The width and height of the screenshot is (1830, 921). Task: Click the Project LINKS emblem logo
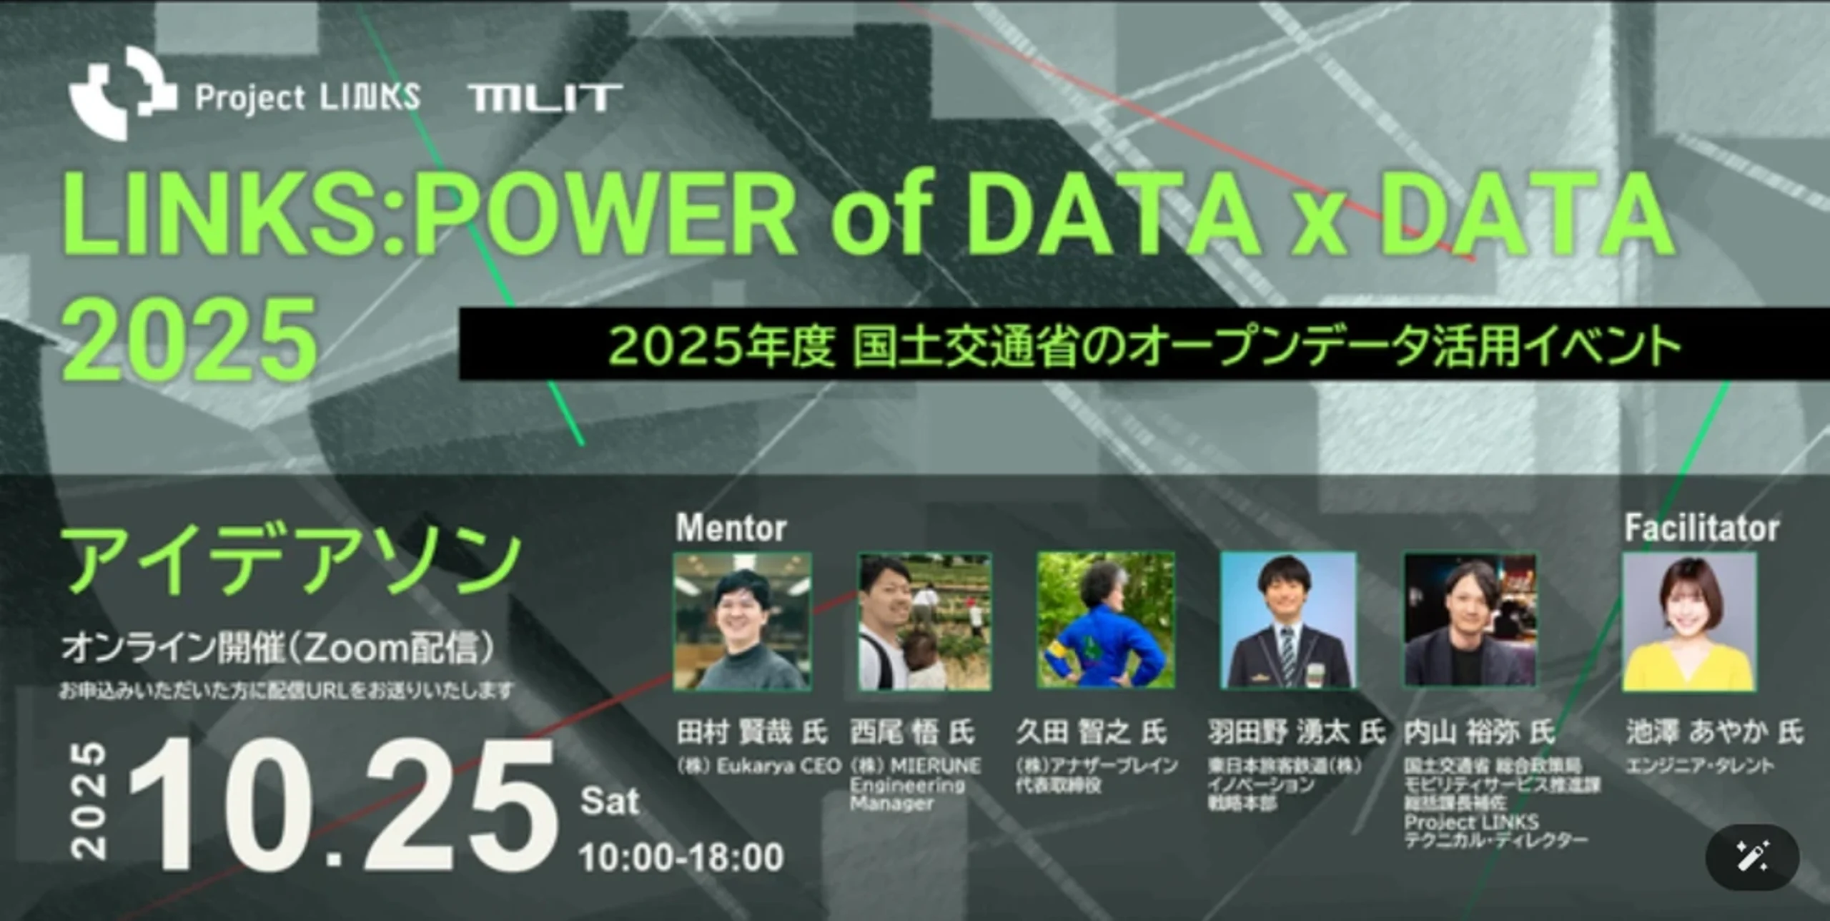[122, 93]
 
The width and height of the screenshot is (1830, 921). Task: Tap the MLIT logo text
[545, 98]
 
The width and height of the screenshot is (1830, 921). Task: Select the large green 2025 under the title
[189, 340]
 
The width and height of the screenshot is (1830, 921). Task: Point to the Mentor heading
[731, 528]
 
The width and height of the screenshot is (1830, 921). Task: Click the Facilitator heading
[1701, 528]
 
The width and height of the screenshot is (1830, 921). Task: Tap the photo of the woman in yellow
[1689, 621]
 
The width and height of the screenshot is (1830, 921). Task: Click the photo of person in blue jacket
[1105, 620]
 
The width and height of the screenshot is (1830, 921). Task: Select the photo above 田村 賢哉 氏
[742, 621]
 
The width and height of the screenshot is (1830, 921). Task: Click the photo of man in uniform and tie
[1287, 621]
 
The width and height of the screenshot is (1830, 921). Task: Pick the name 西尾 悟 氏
[911, 732]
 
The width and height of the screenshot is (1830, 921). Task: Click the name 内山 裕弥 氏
[1479, 732]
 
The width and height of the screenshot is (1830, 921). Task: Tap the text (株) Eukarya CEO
[759, 767]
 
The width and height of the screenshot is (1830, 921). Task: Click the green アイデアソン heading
[292, 562]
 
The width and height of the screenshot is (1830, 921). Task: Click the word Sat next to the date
[609, 801]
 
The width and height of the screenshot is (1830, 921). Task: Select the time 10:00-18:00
[681, 857]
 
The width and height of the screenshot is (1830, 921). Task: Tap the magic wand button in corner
[1752, 857]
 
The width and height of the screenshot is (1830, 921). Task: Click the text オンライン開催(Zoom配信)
[277, 648]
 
